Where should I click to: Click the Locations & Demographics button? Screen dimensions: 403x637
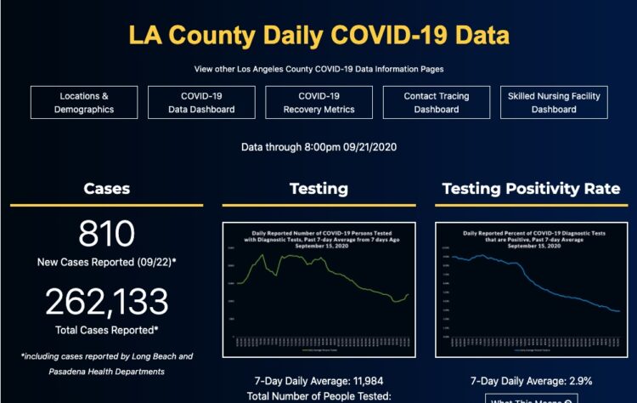(84, 102)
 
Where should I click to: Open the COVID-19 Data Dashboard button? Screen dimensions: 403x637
(201, 102)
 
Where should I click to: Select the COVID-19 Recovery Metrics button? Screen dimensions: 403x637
(318, 102)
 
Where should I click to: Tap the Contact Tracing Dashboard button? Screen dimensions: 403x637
(436, 102)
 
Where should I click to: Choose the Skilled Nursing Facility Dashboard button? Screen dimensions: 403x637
(554, 102)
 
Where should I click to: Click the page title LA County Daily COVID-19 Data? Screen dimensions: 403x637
(318, 36)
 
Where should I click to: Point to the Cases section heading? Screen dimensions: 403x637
(107, 189)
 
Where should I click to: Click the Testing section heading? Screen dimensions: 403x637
(318, 189)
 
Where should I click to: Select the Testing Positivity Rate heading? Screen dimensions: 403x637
(531, 189)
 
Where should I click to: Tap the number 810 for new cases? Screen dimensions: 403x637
(107, 233)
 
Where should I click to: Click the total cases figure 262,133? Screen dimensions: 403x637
(107, 301)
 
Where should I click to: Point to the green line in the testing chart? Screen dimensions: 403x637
(289, 259)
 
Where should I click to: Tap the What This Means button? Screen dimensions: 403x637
(531, 398)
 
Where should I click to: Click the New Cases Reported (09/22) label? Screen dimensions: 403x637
(107, 262)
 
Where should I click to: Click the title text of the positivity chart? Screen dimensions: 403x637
(531, 237)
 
